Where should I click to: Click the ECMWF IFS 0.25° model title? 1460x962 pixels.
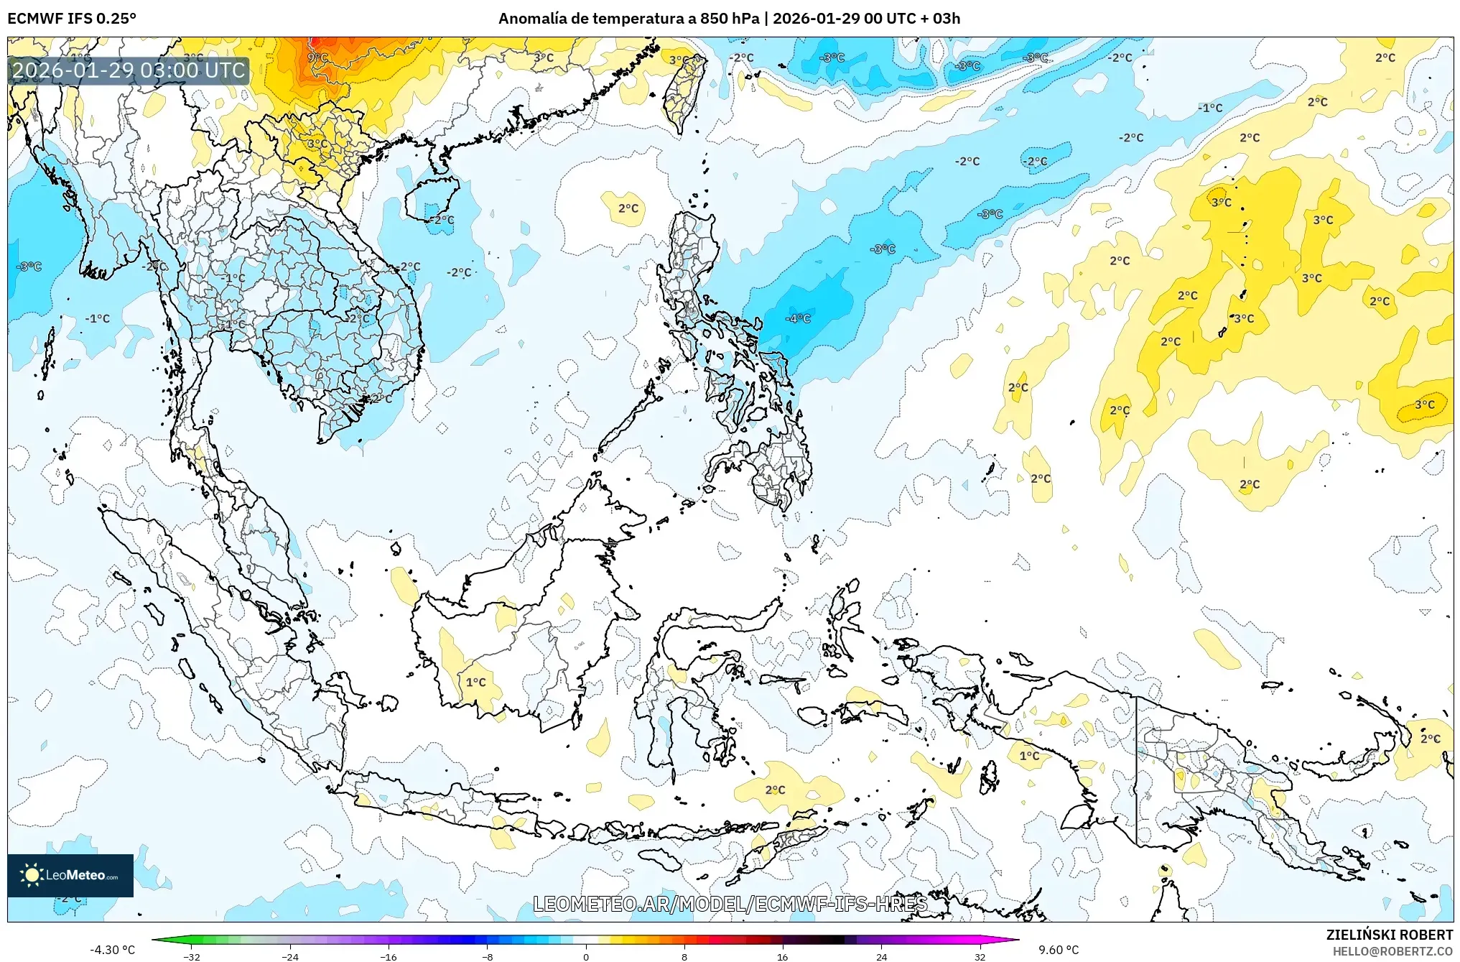pyautogui.click(x=72, y=19)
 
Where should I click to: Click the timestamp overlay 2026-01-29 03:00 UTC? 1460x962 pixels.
pyautogui.click(x=129, y=70)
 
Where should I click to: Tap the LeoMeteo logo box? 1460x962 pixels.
pyautogui.click(x=70, y=875)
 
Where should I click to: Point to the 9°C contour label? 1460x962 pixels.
pyautogui.click(x=317, y=57)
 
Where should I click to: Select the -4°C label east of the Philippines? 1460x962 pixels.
pyautogui.click(x=798, y=318)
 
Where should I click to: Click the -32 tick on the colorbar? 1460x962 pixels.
pyautogui.click(x=192, y=956)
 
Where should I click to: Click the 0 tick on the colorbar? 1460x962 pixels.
pyautogui.click(x=586, y=956)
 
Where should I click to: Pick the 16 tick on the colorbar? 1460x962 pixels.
pyautogui.click(x=782, y=956)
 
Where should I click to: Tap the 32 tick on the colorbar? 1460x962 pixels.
pyautogui.click(x=980, y=956)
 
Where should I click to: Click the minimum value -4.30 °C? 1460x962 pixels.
pyautogui.click(x=112, y=950)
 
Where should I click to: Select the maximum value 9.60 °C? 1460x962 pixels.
pyautogui.click(x=1059, y=950)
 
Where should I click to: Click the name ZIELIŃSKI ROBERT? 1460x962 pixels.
pyautogui.click(x=1389, y=935)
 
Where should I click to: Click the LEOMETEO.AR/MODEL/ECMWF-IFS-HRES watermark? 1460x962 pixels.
pyautogui.click(x=730, y=904)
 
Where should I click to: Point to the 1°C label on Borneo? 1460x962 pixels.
pyautogui.click(x=476, y=682)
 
